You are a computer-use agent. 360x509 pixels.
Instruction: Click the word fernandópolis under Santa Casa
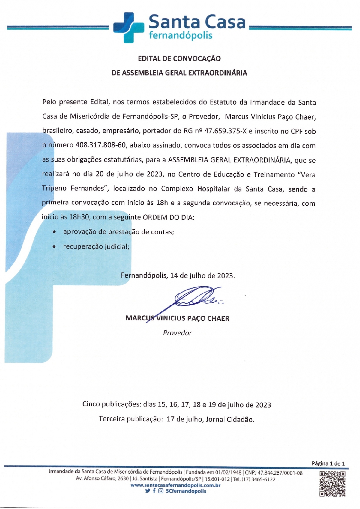coord(181,36)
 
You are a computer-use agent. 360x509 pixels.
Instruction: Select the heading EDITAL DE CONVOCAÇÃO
coord(179,58)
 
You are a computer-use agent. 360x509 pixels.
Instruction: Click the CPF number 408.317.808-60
coord(100,145)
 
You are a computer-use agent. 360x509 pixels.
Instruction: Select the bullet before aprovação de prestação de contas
coord(54,232)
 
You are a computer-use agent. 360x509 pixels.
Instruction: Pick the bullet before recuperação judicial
coord(54,247)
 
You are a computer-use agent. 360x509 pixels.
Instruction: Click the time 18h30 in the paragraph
coord(79,217)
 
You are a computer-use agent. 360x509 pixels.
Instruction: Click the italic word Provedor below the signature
coord(177,333)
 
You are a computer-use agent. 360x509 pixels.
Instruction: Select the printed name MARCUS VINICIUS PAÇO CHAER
coord(177,318)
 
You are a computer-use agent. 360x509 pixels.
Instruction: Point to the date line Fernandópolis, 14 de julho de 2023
coord(178,275)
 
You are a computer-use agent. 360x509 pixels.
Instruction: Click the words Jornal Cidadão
coord(230,419)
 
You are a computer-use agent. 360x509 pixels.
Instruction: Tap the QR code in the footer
coord(332,484)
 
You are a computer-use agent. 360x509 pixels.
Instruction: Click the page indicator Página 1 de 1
coord(328,463)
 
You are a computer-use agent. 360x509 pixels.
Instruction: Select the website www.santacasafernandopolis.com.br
coord(176,485)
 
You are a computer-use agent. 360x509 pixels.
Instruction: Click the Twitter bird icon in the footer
coord(147,491)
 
